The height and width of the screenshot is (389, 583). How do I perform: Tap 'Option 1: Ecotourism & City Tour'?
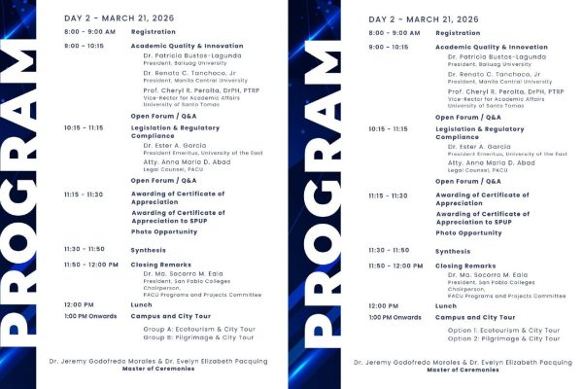pos(503,330)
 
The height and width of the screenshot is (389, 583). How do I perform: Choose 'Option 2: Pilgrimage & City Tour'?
pos(503,338)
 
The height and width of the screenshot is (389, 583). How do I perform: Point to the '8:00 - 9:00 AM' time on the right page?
pos(394,33)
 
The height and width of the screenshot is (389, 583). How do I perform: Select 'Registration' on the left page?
pos(154,32)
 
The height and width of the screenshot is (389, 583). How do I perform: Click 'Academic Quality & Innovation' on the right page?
pos(491,47)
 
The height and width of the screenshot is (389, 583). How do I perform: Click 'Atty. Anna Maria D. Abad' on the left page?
pos(189,162)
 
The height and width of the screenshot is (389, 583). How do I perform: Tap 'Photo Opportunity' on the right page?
pos(468,233)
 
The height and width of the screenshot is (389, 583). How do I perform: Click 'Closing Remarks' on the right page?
pos(465,265)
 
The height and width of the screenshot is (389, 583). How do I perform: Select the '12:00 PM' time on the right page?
pos(383,306)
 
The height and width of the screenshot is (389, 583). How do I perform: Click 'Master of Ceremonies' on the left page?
pos(157,370)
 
